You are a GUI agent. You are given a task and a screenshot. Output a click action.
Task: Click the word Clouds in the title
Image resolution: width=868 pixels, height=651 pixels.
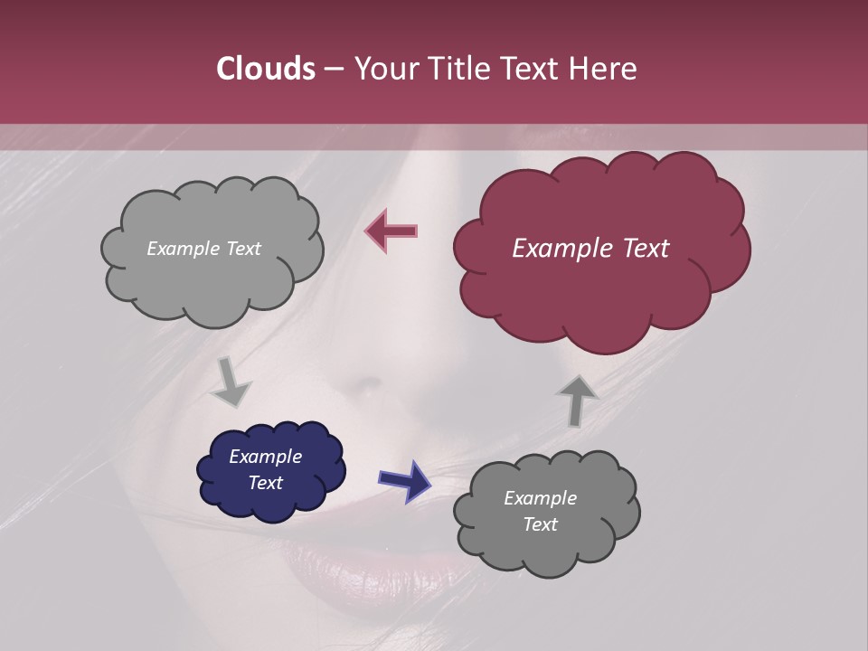pos(265,69)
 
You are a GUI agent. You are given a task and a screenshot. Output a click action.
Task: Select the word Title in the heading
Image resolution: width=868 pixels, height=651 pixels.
pos(460,69)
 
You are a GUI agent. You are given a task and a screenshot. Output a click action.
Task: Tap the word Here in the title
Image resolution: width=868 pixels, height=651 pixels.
pos(603,69)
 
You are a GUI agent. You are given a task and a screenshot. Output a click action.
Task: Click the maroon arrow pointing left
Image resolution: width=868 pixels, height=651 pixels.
pos(392,231)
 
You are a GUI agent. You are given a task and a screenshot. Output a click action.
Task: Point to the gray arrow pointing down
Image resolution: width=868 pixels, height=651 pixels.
pos(231,382)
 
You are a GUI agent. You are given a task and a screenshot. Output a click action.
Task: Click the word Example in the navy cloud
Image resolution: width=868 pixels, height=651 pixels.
pos(265,457)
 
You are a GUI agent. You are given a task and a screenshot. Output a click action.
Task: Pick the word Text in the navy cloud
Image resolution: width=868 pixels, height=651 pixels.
pos(265,483)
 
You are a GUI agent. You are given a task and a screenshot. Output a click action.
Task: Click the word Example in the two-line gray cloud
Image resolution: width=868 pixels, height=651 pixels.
pos(540,498)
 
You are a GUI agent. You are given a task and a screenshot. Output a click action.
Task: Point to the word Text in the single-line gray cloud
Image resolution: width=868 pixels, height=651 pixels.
pos(241,249)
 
